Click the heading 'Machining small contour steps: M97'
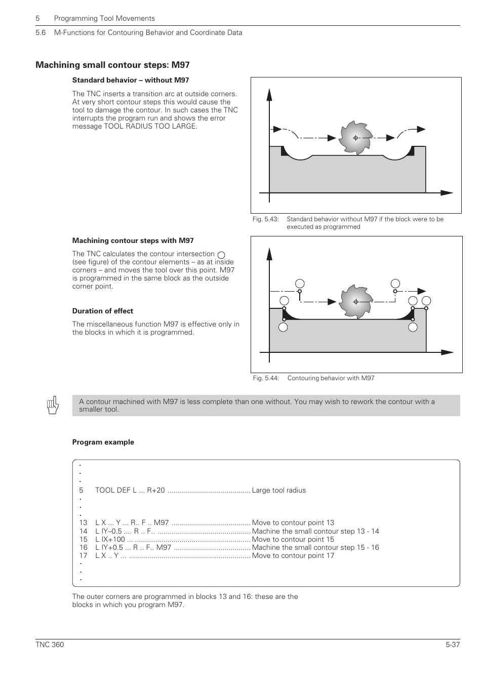pos(112,65)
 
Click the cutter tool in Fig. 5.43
pos(355,138)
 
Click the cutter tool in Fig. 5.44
pos(355,302)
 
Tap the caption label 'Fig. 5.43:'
pos(266,219)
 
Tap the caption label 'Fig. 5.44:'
pos(266,378)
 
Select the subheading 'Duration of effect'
pos(102,311)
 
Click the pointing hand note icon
pos(53,406)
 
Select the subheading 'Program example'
pos(103,442)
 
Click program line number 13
pos(83,522)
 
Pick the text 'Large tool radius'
pos(278,490)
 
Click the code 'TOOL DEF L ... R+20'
pos(130,490)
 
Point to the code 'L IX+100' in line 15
pos(110,539)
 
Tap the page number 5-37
pos(452,645)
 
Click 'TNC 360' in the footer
pos(50,645)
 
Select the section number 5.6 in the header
pos(41,32)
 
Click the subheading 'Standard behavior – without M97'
pos(130,80)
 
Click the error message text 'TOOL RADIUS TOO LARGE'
pos(150,126)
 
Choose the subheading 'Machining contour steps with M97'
pos(133,240)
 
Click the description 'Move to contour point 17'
pos(293,555)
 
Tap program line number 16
pos(83,547)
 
